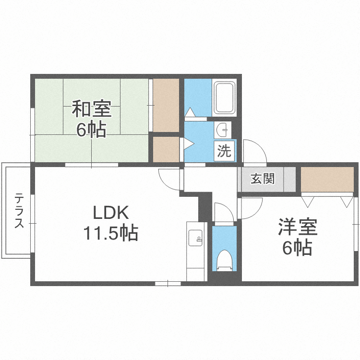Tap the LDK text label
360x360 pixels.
(x=111, y=212)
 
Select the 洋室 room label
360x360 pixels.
(x=297, y=227)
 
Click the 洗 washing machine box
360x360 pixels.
(x=224, y=152)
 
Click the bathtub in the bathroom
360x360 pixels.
(x=224, y=98)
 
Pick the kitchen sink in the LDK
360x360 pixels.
(x=195, y=237)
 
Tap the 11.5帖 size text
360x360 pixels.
(x=111, y=233)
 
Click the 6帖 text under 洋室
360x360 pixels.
(x=297, y=248)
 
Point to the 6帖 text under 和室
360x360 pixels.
(x=91, y=130)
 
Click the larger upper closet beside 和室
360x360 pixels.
(x=166, y=104)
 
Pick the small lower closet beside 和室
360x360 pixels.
(x=166, y=149)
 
